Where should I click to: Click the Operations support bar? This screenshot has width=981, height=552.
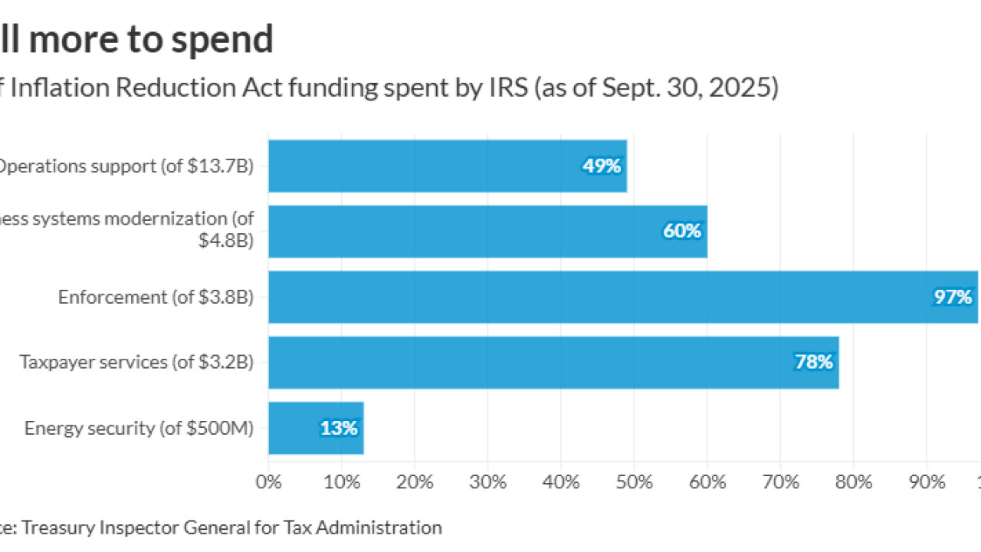pos(448,166)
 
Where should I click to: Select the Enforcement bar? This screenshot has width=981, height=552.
pos(622,297)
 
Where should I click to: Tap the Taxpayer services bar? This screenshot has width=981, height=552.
pos(553,362)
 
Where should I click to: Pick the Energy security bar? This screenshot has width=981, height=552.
pos(316,428)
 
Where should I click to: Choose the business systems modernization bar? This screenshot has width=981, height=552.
pos(487,232)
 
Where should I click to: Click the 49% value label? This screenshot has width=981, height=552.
pos(602,166)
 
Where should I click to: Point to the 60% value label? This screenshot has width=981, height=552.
pos(682,232)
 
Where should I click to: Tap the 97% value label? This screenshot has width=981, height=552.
pos(953,297)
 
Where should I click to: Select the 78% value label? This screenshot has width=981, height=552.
pos(814,362)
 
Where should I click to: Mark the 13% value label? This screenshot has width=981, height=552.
pos(339,428)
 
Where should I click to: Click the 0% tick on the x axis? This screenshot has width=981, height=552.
pos(268,482)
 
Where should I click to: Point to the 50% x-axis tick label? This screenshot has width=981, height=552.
pos(635,482)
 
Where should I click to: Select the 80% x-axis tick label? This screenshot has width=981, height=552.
pos(854,482)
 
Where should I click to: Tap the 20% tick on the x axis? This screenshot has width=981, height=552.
pos(415,482)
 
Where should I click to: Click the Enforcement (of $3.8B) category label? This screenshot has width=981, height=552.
pos(156,297)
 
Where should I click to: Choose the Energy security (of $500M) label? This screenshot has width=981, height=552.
pos(139,428)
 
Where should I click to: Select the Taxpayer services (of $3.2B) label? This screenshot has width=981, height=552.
pos(136,362)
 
